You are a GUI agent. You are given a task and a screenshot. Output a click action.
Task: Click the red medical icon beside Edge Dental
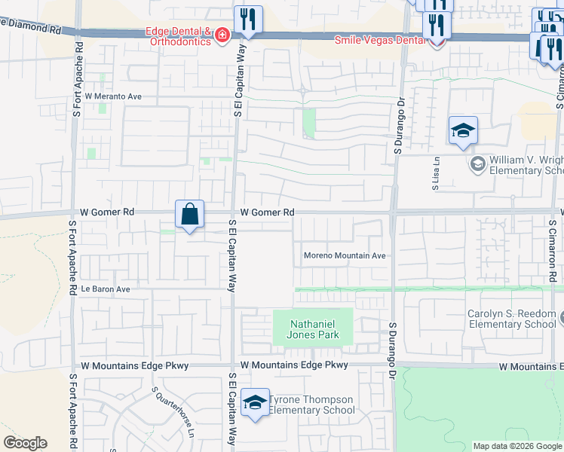(x=222, y=36)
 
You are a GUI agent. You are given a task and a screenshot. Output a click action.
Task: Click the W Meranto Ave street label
(x=113, y=96)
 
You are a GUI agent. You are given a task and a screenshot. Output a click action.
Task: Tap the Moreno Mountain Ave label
(x=345, y=255)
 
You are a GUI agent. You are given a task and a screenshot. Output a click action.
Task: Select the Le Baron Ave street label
(x=106, y=289)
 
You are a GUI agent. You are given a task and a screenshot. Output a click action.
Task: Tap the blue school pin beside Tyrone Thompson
(x=256, y=403)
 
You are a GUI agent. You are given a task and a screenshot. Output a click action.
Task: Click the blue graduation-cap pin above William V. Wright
(x=463, y=131)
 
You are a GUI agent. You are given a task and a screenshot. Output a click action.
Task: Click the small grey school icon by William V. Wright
(x=477, y=163)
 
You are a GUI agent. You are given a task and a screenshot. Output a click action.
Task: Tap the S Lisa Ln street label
(x=436, y=174)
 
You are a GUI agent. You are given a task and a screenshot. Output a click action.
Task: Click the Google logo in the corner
(x=25, y=443)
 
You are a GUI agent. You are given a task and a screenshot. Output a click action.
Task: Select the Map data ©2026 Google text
(x=516, y=446)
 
